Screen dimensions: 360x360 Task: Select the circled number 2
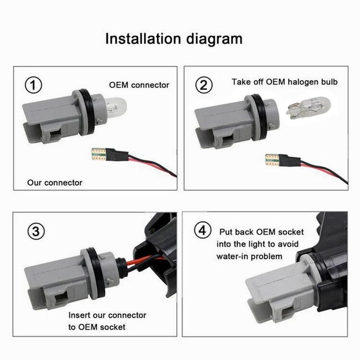[205, 84]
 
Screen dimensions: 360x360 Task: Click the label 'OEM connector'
[139, 85]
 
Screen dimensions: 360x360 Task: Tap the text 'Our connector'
[55, 183]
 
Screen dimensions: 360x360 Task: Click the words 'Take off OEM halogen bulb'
[284, 82]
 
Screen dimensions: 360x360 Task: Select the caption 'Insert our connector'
[108, 315]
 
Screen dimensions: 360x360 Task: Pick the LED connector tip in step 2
[271, 159]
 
